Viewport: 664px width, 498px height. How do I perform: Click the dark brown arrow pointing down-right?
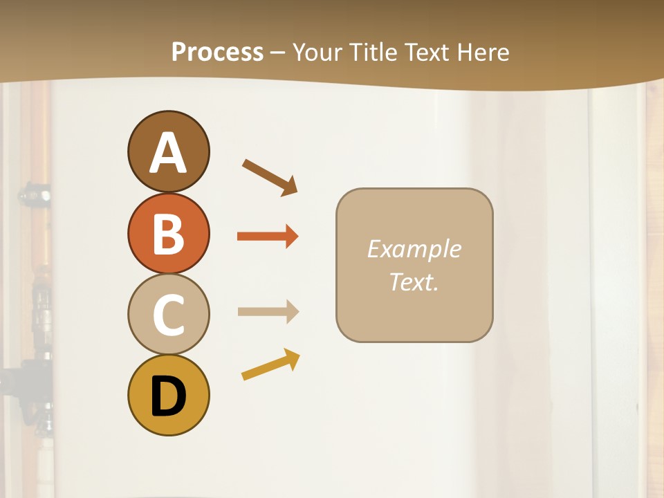click(x=270, y=176)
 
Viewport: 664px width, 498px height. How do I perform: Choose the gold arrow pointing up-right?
click(x=270, y=365)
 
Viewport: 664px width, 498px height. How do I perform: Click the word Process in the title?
click(x=217, y=52)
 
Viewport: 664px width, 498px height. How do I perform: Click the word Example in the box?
click(x=414, y=249)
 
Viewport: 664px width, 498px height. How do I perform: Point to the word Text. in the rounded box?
click(x=414, y=282)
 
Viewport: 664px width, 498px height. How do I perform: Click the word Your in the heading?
click(x=315, y=52)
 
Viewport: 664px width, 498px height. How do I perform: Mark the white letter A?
click(x=168, y=153)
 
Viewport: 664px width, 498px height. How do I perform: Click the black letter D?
click(x=168, y=397)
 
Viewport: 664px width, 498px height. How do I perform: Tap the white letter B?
click(x=168, y=234)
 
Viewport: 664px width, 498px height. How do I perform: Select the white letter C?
click(x=168, y=315)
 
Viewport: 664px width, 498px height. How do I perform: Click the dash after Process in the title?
click(x=278, y=53)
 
